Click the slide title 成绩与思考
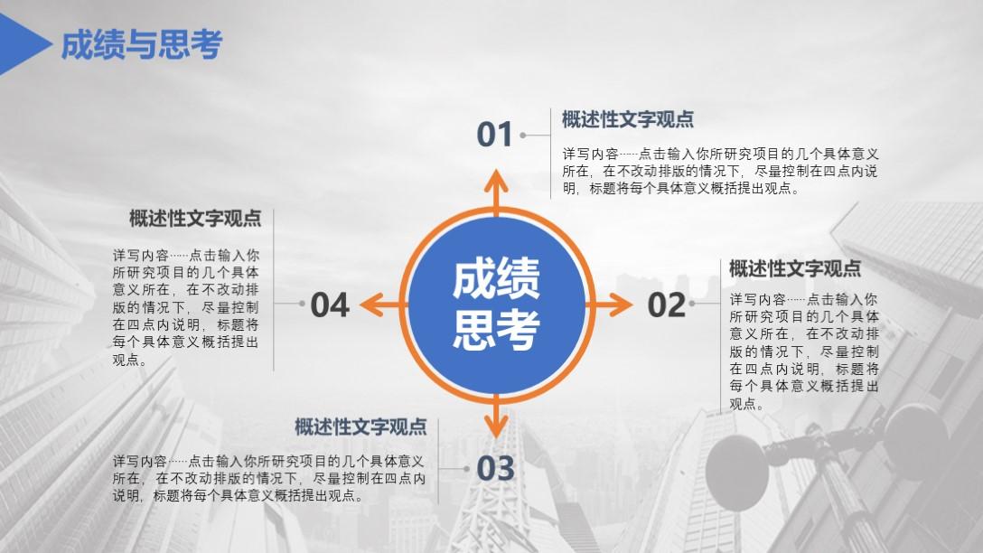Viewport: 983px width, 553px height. point(142,44)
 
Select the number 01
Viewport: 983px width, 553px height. point(494,135)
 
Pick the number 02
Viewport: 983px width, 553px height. point(667,305)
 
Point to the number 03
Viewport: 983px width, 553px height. point(495,468)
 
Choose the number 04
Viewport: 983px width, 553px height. point(330,305)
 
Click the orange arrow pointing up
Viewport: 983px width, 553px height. point(496,192)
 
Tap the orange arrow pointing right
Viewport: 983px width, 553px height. point(609,305)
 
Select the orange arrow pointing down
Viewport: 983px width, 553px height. point(496,417)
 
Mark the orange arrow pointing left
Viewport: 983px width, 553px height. point(384,305)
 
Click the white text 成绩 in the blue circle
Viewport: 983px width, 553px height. point(496,278)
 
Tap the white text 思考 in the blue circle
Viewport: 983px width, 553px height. point(496,330)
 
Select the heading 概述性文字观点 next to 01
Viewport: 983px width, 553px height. point(628,119)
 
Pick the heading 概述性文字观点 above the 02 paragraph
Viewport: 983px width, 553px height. point(795,268)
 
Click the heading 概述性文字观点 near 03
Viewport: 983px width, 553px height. point(360,427)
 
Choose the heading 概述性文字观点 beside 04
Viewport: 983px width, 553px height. point(195,218)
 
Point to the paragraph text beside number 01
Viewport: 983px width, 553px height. point(720,171)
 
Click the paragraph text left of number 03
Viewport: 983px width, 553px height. point(269,478)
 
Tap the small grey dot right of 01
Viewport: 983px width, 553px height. point(523,135)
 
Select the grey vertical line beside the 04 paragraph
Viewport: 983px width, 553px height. point(274,290)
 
